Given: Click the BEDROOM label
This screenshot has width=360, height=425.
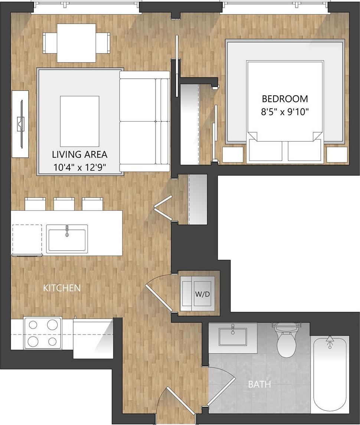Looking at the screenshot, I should [x=285, y=99].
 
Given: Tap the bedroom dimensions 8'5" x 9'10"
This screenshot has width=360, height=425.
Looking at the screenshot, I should [x=285, y=112].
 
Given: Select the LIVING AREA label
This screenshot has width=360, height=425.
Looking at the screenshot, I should [x=79, y=154].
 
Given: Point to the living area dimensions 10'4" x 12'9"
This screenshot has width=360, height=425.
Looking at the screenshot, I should [x=79, y=167].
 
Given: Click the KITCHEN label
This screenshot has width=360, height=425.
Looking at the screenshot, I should [x=62, y=288].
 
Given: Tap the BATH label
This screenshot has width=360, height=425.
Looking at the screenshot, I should [x=259, y=385].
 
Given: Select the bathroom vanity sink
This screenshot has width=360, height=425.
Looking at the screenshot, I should [x=233, y=337].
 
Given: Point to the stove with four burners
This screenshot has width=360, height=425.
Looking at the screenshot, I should [x=42, y=333].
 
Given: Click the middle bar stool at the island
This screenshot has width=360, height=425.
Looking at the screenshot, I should [x=64, y=204].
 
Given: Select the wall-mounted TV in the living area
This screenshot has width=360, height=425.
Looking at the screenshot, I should [x=20, y=123].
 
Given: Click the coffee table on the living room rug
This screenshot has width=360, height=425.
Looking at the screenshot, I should [x=79, y=121].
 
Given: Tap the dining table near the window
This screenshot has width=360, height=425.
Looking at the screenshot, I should [x=76, y=43].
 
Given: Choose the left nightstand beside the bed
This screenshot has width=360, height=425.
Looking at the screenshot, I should [x=233, y=154].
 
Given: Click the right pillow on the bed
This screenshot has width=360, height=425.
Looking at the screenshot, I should [x=304, y=150].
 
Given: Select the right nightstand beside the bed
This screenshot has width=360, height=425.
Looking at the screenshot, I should [x=337, y=154].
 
